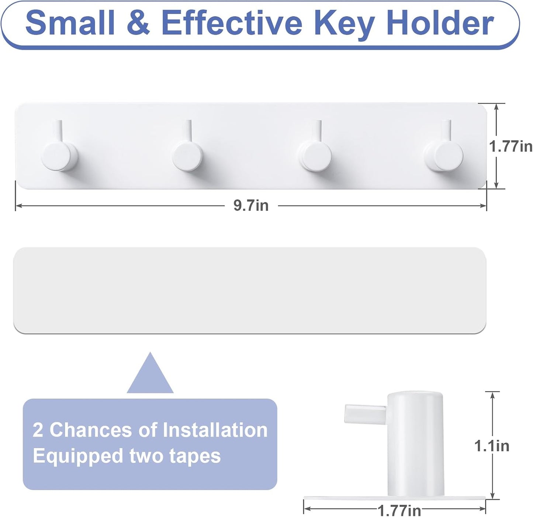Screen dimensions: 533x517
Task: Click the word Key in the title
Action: click(344, 26)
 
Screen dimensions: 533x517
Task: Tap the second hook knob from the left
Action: click(188, 156)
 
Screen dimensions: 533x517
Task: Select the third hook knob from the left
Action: click(315, 157)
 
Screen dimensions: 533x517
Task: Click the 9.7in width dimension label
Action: click(251, 205)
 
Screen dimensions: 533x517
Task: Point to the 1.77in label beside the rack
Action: click(510, 146)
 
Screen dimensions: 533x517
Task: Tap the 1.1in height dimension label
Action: click(492, 446)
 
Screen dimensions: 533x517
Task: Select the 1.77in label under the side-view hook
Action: click(399, 510)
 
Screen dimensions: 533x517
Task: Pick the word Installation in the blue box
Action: click(215, 430)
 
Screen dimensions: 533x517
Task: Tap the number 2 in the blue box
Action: click(38, 430)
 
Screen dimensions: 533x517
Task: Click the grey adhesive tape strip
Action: click(250, 291)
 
